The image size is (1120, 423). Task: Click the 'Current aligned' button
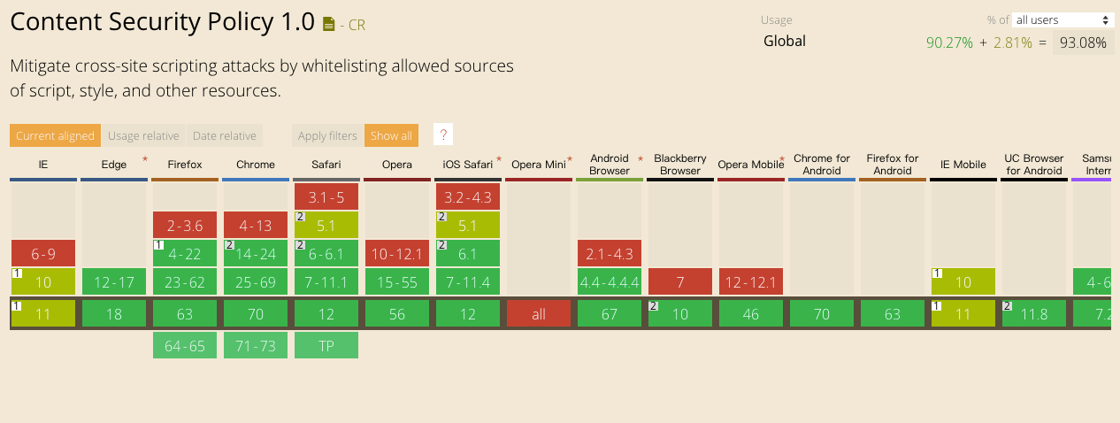click(55, 135)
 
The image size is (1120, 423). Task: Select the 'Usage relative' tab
click(143, 135)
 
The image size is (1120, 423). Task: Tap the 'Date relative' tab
click(224, 135)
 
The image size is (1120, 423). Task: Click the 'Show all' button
click(391, 135)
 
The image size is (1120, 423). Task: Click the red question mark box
click(443, 135)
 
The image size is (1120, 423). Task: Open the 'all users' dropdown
click(1062, 19)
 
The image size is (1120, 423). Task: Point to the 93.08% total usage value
click(1083, 42)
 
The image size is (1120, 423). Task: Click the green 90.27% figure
click(949, 42)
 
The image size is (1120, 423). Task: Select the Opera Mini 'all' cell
click(539, 313)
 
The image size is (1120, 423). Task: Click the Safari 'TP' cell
click(326, 345)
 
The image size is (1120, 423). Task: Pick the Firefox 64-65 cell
click(185, 345)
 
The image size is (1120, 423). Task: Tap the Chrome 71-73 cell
click(256, 345)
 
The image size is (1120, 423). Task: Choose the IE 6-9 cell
click(43, 253)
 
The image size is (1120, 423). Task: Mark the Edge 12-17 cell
click(114, 282)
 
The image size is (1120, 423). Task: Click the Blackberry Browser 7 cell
click(680, 282)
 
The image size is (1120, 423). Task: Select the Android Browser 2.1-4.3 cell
click(610, 253)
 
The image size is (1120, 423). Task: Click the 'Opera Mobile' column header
click(750, 165)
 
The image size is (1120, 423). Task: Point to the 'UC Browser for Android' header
click(1033, 165)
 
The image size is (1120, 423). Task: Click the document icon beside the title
click(329, 25)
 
